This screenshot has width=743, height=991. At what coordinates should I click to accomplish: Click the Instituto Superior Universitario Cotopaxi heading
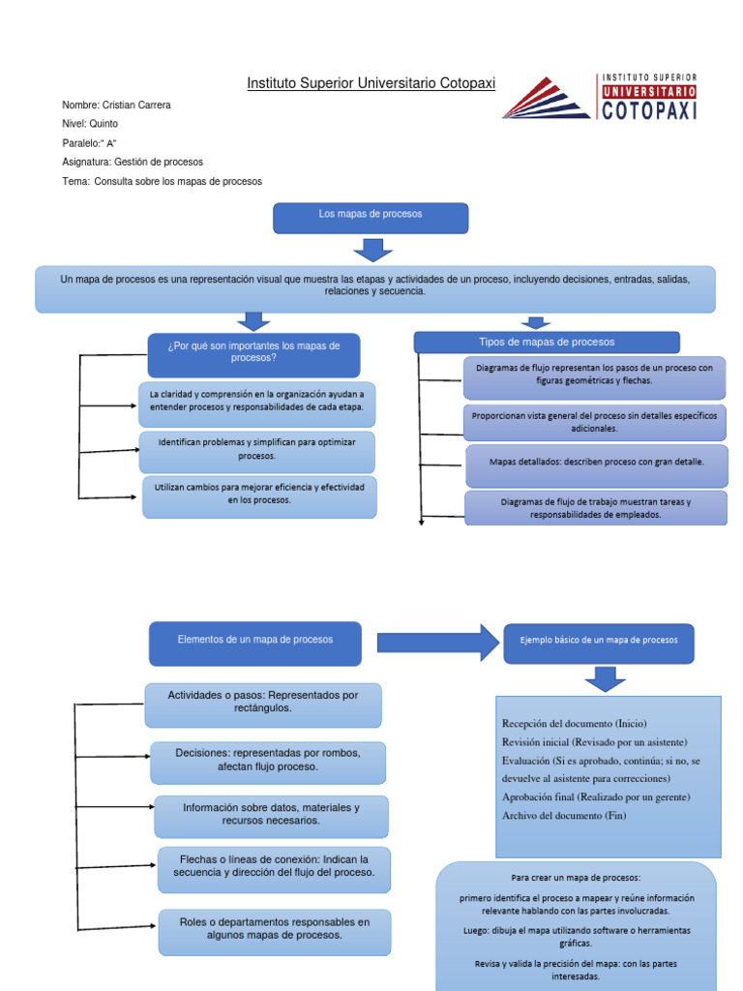pos(371,84)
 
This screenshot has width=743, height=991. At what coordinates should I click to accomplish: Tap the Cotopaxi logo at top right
pos(600,97)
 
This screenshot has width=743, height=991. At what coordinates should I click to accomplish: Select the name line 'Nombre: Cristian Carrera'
pos(116,105)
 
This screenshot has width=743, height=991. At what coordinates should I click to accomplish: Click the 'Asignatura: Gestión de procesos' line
pos(133,162)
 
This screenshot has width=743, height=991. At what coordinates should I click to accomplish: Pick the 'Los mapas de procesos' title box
pos(371,218)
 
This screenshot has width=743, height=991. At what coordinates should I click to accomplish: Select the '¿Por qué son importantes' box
pos(253,354)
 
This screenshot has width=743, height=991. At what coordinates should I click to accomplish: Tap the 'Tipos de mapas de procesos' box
pos(547,342)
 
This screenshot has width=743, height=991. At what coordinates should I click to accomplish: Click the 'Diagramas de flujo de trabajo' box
pos(596,508)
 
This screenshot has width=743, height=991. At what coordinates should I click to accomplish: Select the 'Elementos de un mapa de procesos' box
pos(255,643)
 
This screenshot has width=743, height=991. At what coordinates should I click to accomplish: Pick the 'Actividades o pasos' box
pos(263,704)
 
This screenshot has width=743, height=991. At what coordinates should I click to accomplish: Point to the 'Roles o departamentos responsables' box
pos(275,930)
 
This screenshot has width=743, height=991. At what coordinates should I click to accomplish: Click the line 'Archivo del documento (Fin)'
pos(564,815)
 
